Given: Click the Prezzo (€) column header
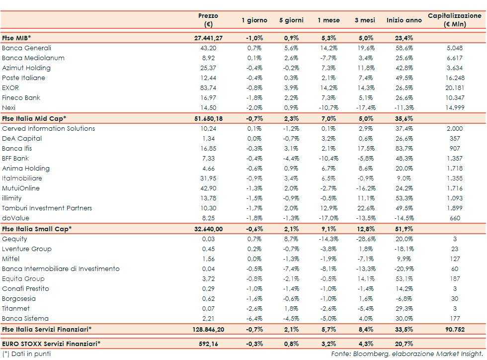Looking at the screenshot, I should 208,20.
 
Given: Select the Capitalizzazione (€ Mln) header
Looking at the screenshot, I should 455,20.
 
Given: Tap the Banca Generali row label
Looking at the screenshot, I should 26,48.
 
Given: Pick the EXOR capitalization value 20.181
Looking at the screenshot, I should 455,88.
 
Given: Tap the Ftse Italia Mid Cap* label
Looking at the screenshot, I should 34,118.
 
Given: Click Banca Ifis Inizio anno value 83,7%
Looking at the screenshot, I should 404,149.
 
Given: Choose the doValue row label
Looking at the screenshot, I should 15,218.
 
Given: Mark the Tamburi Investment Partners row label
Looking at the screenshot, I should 47,208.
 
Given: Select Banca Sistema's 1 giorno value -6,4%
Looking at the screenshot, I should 254,319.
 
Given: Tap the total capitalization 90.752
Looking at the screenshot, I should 455,329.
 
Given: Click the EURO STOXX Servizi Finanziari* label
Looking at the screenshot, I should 51,343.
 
